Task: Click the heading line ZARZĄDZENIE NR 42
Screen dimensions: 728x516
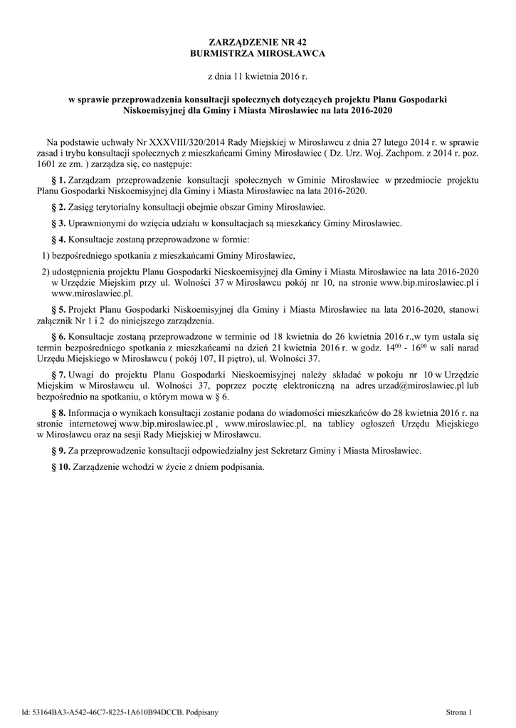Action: (258, 43)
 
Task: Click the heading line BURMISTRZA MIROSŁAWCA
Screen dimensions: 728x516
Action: (258, 54)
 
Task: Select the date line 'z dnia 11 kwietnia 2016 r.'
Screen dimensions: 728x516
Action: (258, 75)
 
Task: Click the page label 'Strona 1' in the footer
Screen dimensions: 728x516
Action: (459, 710)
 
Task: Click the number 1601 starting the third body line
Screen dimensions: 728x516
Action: (46, 164)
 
